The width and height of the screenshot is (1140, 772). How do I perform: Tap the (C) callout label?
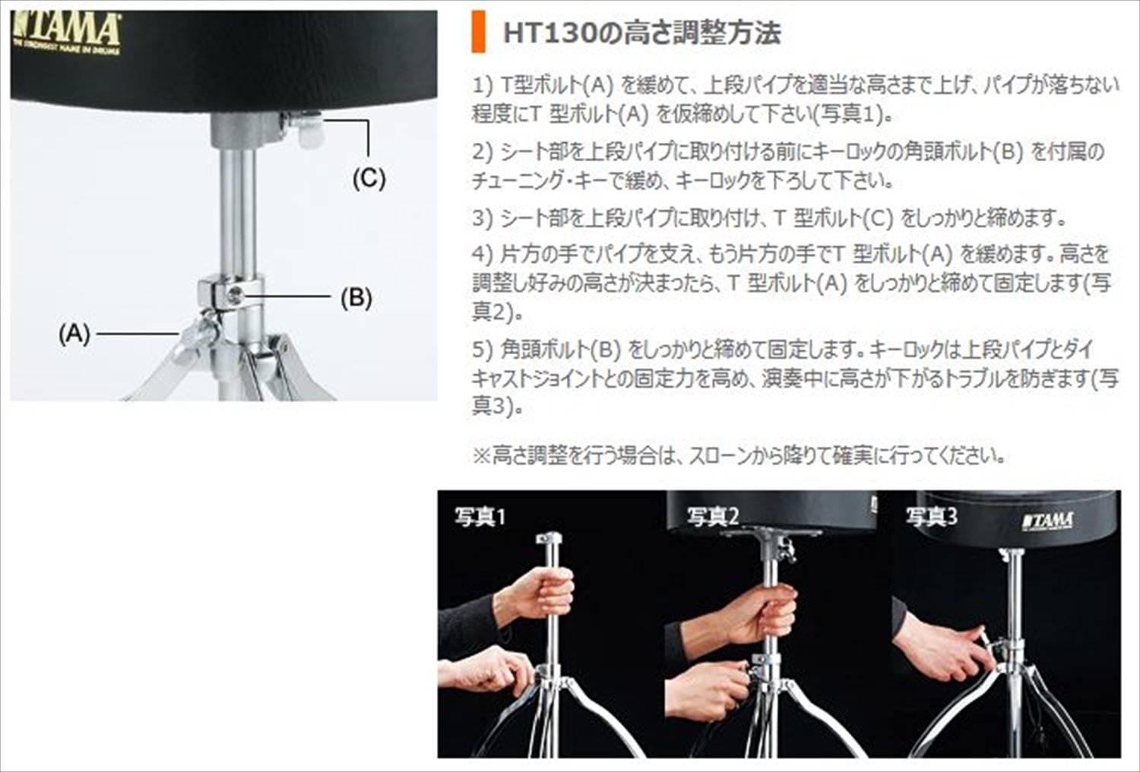tap(369, 179)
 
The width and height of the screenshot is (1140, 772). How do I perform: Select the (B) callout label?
tap(356, 298)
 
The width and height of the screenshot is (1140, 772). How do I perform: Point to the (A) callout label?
tap(74, 334)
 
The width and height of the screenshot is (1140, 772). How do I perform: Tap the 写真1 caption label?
tap(480, 517)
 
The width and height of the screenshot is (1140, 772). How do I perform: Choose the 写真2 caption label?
tap(713, 517)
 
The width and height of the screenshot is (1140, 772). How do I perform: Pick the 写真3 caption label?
tap(931, 517)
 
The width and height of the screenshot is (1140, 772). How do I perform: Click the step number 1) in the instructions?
tap(483, 86)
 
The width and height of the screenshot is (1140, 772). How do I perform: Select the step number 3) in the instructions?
tap(483, 218)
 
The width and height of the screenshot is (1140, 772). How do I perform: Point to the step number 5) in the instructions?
tap(483, 350)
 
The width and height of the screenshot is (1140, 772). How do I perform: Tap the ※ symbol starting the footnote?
tap(481, 456)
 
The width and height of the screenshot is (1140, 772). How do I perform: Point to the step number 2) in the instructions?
tap(483, 152)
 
